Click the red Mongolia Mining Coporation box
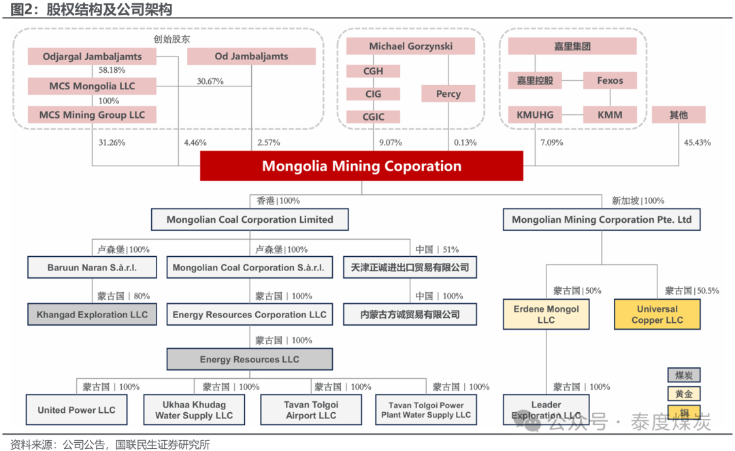tap(361, 166)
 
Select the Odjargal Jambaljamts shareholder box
tap(92, 57)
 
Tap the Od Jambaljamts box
tap(251, 57)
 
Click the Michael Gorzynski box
tap(410, 46)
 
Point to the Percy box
tap(448, 94)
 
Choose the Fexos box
tap(610, 80)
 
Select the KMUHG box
tap(535, 114)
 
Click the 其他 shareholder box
tap(679, 114)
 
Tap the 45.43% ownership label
tap(697, 142)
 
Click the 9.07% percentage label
tap(390, 142)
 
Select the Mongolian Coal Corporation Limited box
tap(250, 219)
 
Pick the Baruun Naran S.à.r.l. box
tap(92, 267)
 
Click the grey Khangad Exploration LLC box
tap(92, 315)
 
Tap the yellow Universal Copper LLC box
tap(657, 314)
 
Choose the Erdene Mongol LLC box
tap(546, 314)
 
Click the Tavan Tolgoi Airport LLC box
tap(311, 409)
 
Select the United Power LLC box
tap(76, 409)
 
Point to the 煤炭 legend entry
tap(683, 375)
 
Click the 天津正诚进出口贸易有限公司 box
tap(410, 267)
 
